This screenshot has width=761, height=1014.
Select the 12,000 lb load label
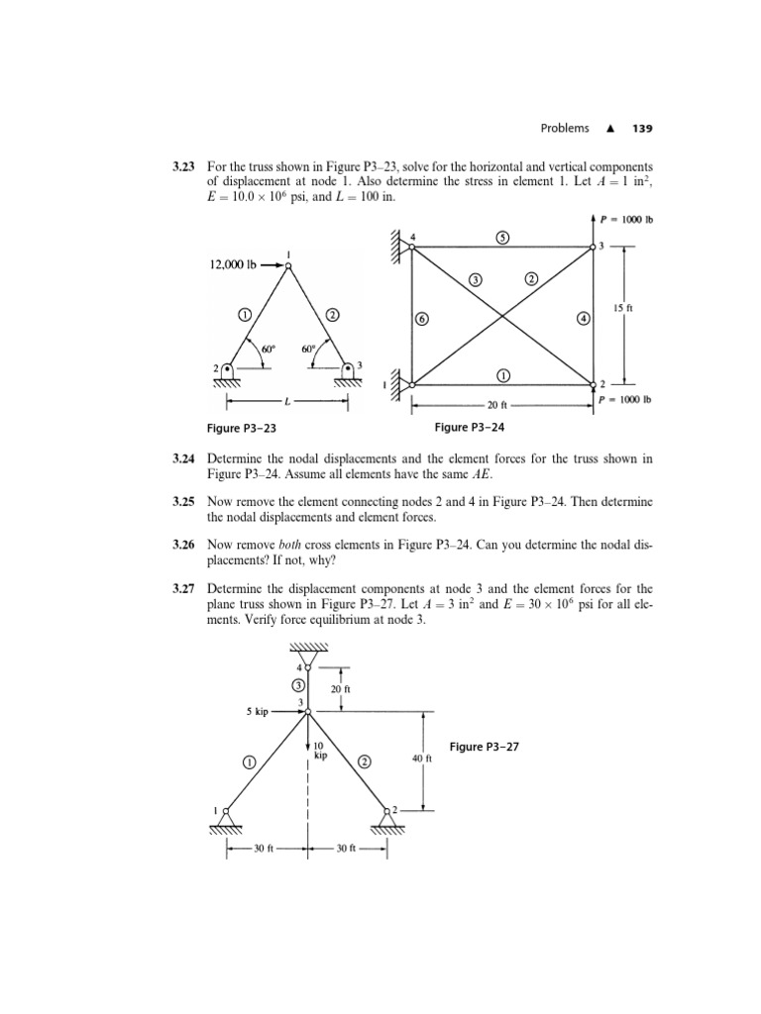pyautogui.click(x=234, y=265)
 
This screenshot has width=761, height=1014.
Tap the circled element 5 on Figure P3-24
pyautogui.click(x=502, y=238)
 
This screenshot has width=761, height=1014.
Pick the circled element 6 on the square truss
pyautogui.click(x=422, y=319)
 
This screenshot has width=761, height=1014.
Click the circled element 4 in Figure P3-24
pyautogui.click(x=583, y=319)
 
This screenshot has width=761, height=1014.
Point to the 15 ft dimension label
pyautogui.click(x=623, y=310)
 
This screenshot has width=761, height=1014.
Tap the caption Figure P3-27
pyautogui.click(x=485, y=746)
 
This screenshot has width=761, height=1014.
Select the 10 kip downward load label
pyautogui.click(x=320, y=750)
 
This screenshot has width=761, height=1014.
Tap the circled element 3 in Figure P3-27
pyautogui.click(x=297, y=685)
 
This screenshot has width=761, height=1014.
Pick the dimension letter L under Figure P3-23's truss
pyautogui.click(x=287, y=403)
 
